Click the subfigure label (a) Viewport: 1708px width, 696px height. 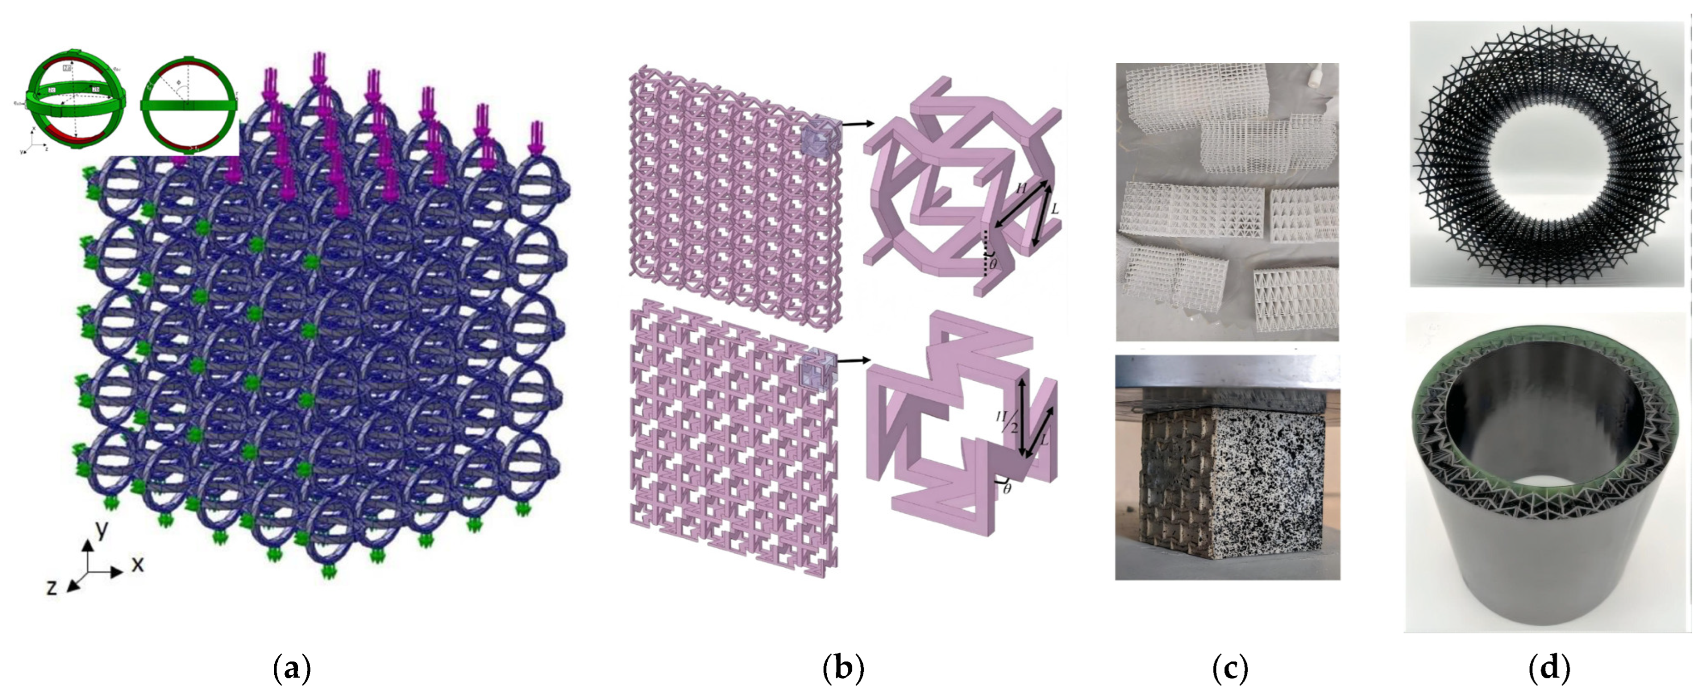coord(292,670)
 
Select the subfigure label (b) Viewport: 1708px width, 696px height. coord(843,670)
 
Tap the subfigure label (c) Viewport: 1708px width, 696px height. coord(1230,670)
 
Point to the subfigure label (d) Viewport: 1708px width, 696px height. coord(1549,670)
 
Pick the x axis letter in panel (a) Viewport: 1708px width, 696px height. coord(137,564)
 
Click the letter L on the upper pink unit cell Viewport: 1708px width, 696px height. coord(1055,210)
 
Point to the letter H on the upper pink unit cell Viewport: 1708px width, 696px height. coord(1022,189)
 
